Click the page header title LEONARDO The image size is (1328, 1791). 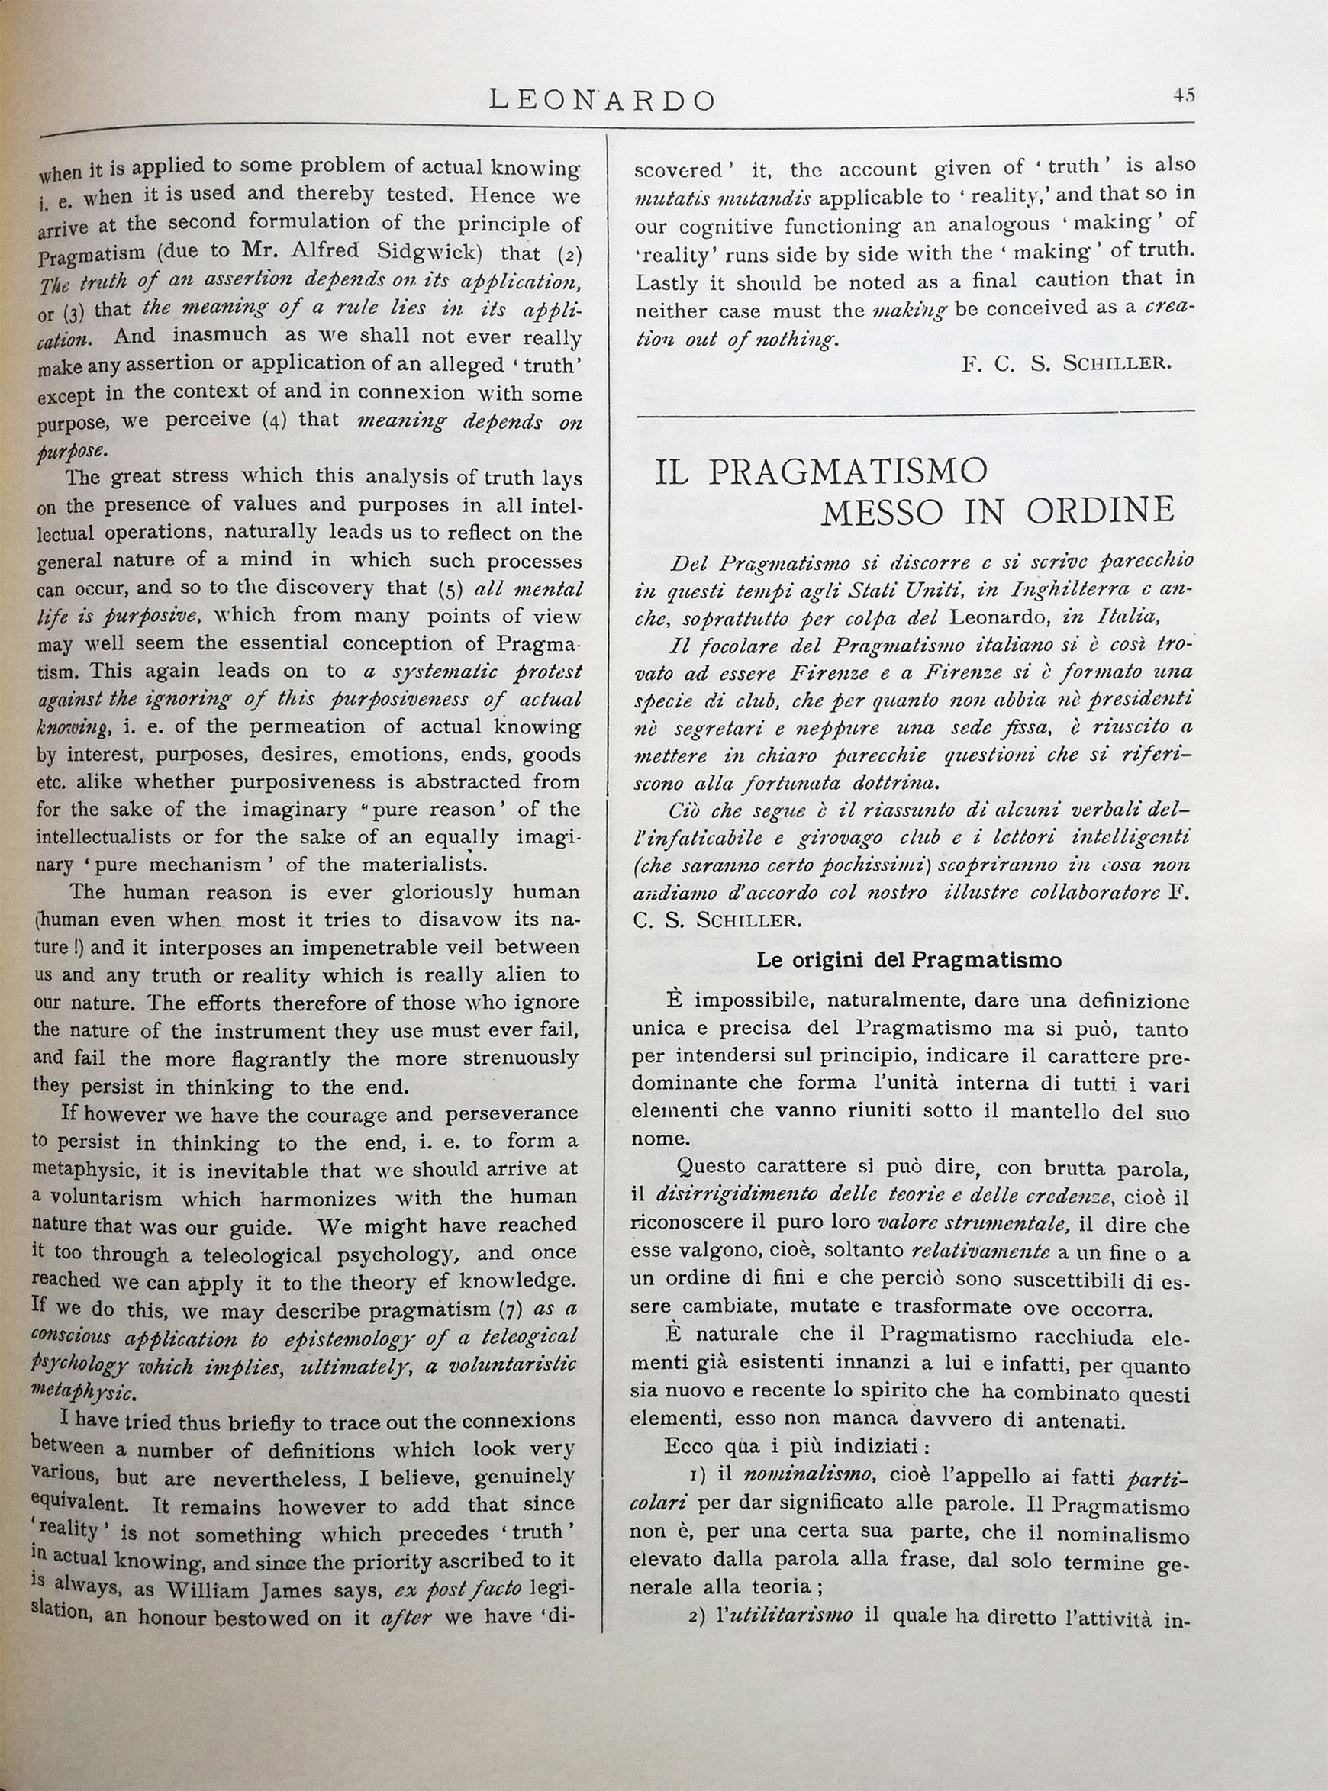[601, 100]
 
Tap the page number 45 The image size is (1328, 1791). [1183, 95]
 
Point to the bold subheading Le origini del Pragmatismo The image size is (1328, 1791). [909, 960]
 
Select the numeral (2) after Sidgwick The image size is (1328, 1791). [569, 254]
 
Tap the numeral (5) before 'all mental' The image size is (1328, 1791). [450, 589]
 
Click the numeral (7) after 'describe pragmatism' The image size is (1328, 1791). [511, 1309]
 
